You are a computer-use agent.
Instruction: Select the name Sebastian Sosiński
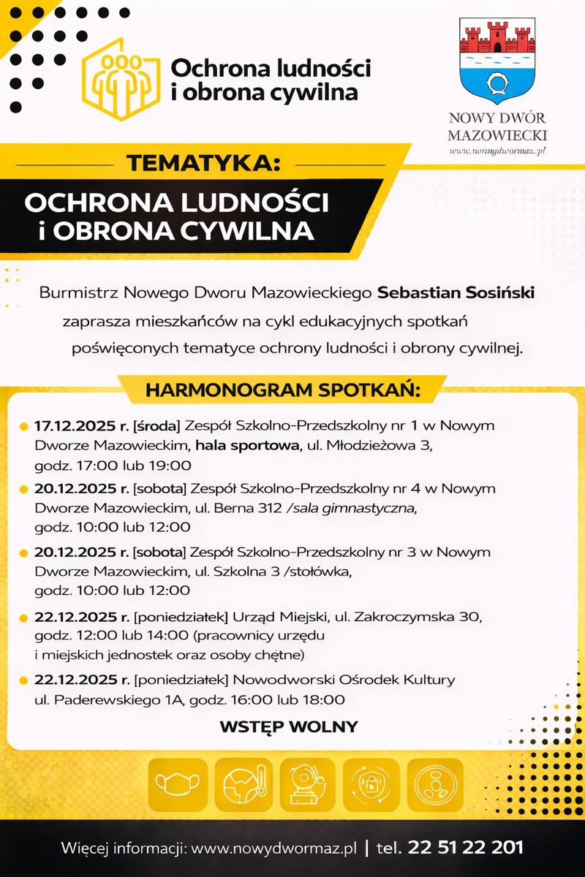coord(456,293)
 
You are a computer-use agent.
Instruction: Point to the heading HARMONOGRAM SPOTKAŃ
coord(283,390)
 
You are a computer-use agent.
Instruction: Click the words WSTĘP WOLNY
coord(289,726)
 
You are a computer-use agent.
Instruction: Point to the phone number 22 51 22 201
coord(466,848)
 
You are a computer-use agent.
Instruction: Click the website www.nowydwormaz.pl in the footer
coord(273,848)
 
